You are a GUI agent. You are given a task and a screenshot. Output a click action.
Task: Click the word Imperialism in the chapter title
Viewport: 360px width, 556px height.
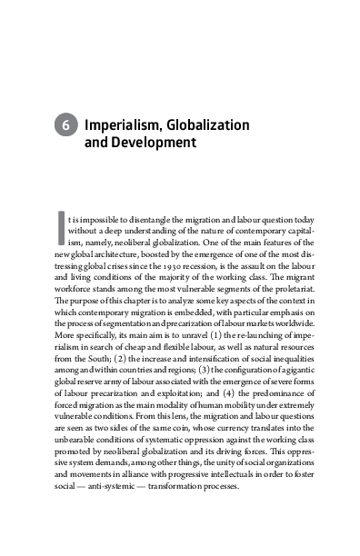(122, 124)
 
